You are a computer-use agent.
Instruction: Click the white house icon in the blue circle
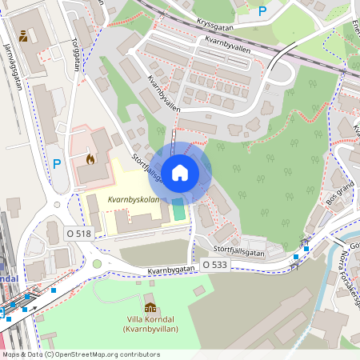[x=180, y=171]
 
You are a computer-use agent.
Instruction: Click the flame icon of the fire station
[x=90, y=159]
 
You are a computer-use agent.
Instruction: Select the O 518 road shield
[x=80, y=234]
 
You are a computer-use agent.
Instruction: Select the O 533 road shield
[x=215, y=264]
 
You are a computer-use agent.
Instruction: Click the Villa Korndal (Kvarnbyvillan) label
[x=150, y=324]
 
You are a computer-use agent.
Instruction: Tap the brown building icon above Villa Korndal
[x=150, y=306]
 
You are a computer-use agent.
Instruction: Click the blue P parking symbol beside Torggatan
[x=57, y=164]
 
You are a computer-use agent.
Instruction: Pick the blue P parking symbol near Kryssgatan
[x=262, y=10]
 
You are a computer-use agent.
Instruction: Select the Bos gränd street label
[x=340, y=194]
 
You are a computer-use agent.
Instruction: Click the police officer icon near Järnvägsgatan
[x=24, y=36]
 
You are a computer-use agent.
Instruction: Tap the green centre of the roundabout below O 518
[x=97, y=264]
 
